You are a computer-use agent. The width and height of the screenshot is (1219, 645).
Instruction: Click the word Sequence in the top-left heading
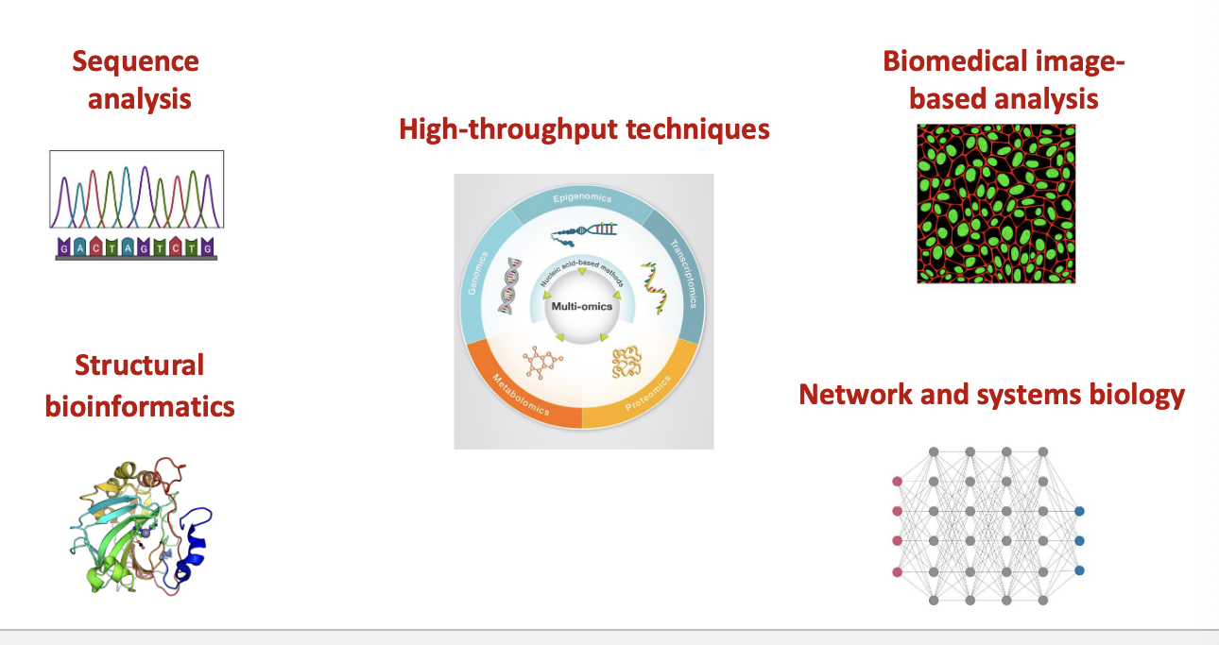click(136, 62)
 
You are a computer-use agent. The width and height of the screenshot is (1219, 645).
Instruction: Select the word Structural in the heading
click(139, 365)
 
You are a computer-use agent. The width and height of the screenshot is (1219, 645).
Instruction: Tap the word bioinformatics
click(140, 406)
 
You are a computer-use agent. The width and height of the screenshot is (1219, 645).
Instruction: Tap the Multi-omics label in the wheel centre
click(581, 306)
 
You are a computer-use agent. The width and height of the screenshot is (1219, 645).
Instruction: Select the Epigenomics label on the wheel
click(582, 198)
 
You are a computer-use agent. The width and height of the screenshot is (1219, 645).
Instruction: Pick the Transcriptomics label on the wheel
click(688, 275)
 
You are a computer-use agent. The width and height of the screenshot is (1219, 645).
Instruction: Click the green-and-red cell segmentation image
click(996, 204)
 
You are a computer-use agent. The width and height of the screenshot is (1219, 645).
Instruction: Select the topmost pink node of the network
click(897, 482)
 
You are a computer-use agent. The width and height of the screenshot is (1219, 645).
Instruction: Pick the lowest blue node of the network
click(1079, 570)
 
